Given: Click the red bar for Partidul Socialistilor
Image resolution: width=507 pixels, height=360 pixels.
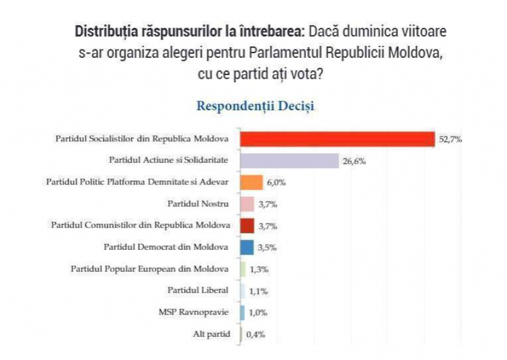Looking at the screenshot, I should (x=337, y=139).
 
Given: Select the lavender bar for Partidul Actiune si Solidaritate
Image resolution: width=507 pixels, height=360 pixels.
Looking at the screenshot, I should (x=289, y=161).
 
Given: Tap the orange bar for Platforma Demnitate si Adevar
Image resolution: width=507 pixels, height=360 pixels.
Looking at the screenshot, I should (x=251, y=182).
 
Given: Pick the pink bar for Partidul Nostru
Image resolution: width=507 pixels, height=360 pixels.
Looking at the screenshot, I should (x=247, y=204).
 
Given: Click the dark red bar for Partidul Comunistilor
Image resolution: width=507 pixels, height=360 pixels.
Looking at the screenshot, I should (x=247, y=226).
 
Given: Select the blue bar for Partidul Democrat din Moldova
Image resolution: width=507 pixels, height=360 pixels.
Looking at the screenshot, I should (x=246, y=247).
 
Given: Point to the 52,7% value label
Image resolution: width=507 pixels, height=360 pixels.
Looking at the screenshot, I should (x=450, y=139).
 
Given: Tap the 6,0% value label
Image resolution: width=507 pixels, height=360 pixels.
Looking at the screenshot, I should (x=276, y=183).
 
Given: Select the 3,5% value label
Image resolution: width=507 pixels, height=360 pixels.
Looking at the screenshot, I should (x=267, y=248).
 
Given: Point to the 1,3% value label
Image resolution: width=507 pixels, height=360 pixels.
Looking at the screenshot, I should (x=258, y=269).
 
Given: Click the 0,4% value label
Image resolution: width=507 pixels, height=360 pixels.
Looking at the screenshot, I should (x=255, y=334).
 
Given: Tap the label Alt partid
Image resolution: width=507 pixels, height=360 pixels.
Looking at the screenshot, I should (x=211, y=334).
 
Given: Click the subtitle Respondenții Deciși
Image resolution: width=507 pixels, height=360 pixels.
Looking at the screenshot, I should (x=255, y=107).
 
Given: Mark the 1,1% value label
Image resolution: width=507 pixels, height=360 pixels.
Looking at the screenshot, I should (x=258, y=291).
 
